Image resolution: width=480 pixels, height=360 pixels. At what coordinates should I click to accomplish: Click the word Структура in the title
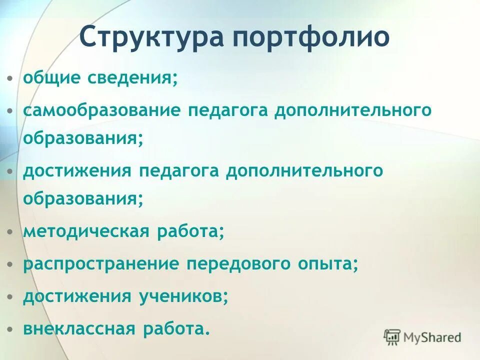pos(149,37)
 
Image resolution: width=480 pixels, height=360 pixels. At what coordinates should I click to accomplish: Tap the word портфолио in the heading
pos(308,38)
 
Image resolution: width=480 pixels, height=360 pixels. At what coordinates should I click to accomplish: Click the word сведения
pos(133,78)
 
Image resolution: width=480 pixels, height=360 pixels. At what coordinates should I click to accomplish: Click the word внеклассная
pos(79,328)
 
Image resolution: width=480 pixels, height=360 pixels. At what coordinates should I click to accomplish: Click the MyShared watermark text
pos(433,337)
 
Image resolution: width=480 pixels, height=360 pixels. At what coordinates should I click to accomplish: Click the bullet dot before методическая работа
pos(10,232)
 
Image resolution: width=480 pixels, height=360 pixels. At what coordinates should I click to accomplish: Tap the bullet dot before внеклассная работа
pos(10,329)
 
